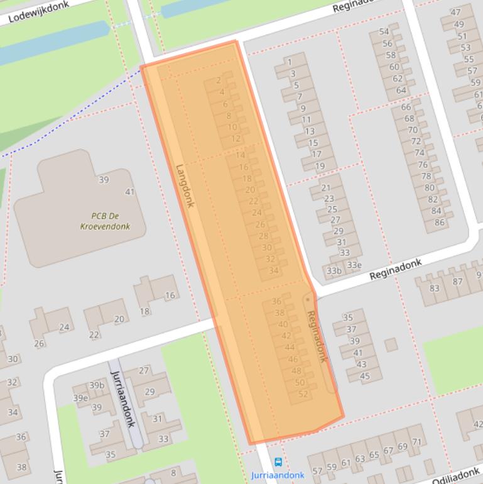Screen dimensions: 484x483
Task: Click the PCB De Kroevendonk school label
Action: pos(106,221)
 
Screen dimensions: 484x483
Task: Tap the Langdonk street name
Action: pos(185,186)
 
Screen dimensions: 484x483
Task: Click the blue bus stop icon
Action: pos(278,463)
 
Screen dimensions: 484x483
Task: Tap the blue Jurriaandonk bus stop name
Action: pos(278,475)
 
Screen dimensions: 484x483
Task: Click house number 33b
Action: pos(334,271)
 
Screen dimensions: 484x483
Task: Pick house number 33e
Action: pos(354,265)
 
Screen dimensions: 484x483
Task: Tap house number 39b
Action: pos(96,385)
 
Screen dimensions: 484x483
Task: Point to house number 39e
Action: pos(80,398)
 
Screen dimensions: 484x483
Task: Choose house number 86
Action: pos(439,222)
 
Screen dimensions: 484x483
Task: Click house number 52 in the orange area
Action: pos(304,394)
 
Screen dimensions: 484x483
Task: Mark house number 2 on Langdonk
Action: pos(219,80)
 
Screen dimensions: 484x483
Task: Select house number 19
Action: pos(320,166)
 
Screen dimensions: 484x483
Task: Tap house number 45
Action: pos(365,377)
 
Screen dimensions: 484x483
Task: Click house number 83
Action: pos(434,288)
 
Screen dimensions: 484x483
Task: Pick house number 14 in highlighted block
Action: pos(241,155)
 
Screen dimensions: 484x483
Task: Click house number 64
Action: pos(401,90)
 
